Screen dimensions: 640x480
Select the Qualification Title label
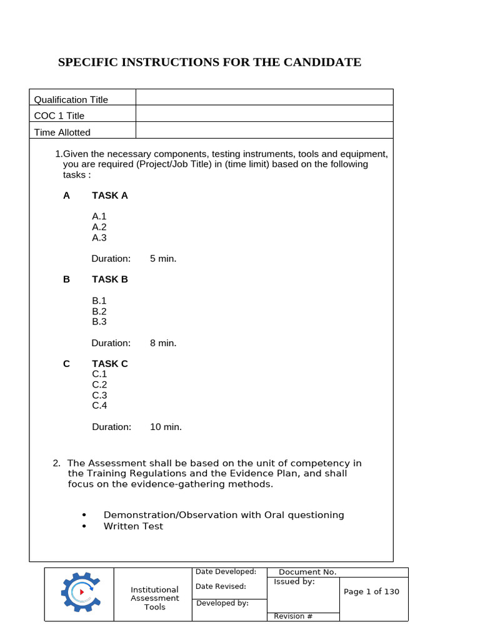pos(71,99)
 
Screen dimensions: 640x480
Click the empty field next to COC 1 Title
pos(264,116)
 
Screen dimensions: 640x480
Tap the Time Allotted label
pos(62,132)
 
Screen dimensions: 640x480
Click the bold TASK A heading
pos(110,196)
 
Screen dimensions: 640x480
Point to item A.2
pos(99,227)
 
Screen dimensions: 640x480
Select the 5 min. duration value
pos(163,259)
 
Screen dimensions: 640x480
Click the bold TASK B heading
pos(110,279)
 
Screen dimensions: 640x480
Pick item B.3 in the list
pos(99,322)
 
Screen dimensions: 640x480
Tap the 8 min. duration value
pos(163,343)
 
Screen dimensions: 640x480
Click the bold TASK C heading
pos(110,364)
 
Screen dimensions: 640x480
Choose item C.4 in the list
pos(100,406)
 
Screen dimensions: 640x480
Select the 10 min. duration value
pos(166,427)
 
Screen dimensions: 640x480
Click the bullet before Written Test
pos(84,527)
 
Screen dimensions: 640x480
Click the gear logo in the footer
pos(79,591)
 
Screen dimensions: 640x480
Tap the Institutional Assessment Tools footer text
pos(154,598)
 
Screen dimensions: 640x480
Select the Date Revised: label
pos(221,586)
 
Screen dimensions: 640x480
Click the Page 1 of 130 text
pos(371,592)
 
